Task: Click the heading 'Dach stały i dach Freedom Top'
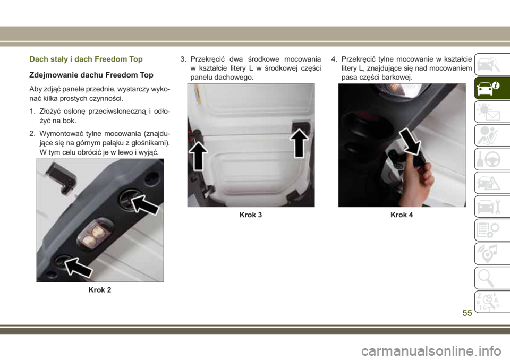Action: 86,59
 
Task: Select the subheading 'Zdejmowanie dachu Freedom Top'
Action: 91,75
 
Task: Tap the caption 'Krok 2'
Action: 100,290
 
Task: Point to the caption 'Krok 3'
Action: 251,215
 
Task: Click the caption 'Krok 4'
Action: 402,215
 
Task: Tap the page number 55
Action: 467,313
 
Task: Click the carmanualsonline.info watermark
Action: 431,351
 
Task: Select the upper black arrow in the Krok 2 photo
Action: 144,205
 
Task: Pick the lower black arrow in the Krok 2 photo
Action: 79,267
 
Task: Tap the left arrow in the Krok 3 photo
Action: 198,156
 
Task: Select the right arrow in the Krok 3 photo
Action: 299,143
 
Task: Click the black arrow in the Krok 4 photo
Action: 410,141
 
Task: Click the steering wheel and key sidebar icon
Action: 489,159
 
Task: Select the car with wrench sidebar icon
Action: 489,207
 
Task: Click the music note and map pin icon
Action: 489,254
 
